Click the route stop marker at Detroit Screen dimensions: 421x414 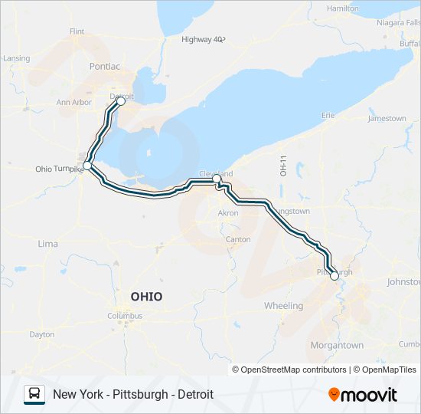(x=121, y=100)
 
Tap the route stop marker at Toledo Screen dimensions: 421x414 (x=87, y=166)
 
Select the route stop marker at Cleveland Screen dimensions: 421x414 (x=217, y=179)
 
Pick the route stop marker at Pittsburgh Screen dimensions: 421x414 (x=335, y=276)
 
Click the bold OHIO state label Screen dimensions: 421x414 (x=146, y=297)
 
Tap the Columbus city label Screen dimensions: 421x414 (x=125, y=315)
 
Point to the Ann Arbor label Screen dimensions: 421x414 (x=74, y=102)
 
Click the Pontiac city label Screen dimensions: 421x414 (x=104, y=67)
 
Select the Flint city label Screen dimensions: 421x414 (x=77, y=31)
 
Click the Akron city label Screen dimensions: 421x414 (x=228, y=213)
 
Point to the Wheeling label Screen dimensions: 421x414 (x=283, y=306)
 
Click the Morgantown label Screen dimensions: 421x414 (x=337, y=346)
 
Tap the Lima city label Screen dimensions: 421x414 (x=47, y=243)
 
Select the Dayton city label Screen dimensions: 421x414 (x=42, y=334)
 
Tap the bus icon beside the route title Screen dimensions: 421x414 (x=34, y=394)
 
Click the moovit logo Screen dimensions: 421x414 (x=363, y=395)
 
